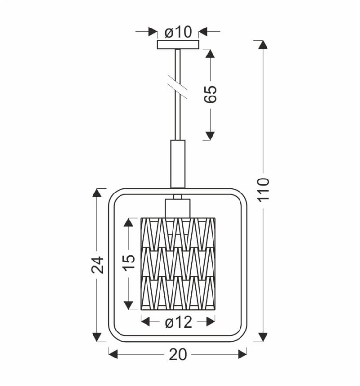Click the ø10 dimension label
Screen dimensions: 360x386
point(178,32)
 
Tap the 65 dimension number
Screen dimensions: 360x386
point(211,94)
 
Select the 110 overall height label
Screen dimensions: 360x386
point(264,190)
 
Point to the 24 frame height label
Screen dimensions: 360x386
point(97,264)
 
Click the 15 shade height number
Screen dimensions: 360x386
point(129,262)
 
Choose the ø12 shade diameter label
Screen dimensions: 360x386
point(178,322)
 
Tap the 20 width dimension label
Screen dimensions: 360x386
point(178,355)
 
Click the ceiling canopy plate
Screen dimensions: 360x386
point(177,44)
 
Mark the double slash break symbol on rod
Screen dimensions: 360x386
point(177,86)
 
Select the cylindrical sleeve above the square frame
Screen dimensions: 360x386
point(177,164)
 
